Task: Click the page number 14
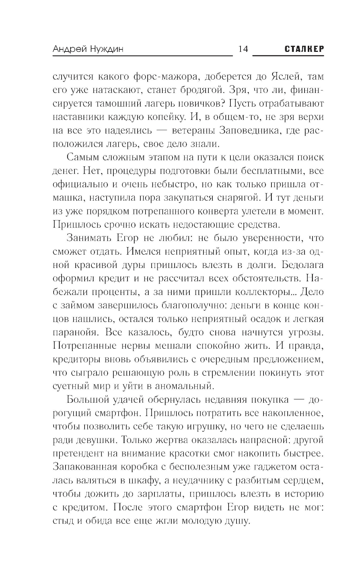[243, 49]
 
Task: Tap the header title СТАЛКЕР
[304, 49]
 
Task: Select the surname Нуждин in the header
[105, 49]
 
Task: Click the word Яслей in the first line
[287, 77]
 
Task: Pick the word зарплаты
[162, 494]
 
